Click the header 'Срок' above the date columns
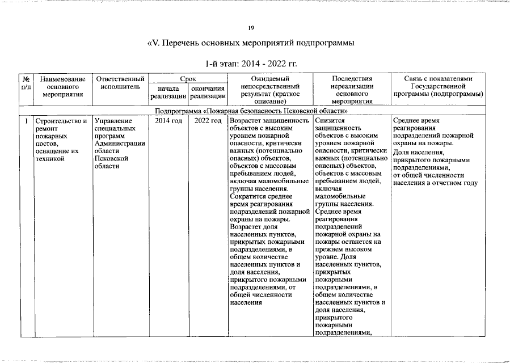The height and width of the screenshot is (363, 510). coord(188,78)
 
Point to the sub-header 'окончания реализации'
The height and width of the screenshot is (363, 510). coord(208,93)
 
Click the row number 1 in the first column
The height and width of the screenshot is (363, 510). coord(26,121)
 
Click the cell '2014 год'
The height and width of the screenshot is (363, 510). coord(168,121)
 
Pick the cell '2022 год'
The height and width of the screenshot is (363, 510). coord(208,121)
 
